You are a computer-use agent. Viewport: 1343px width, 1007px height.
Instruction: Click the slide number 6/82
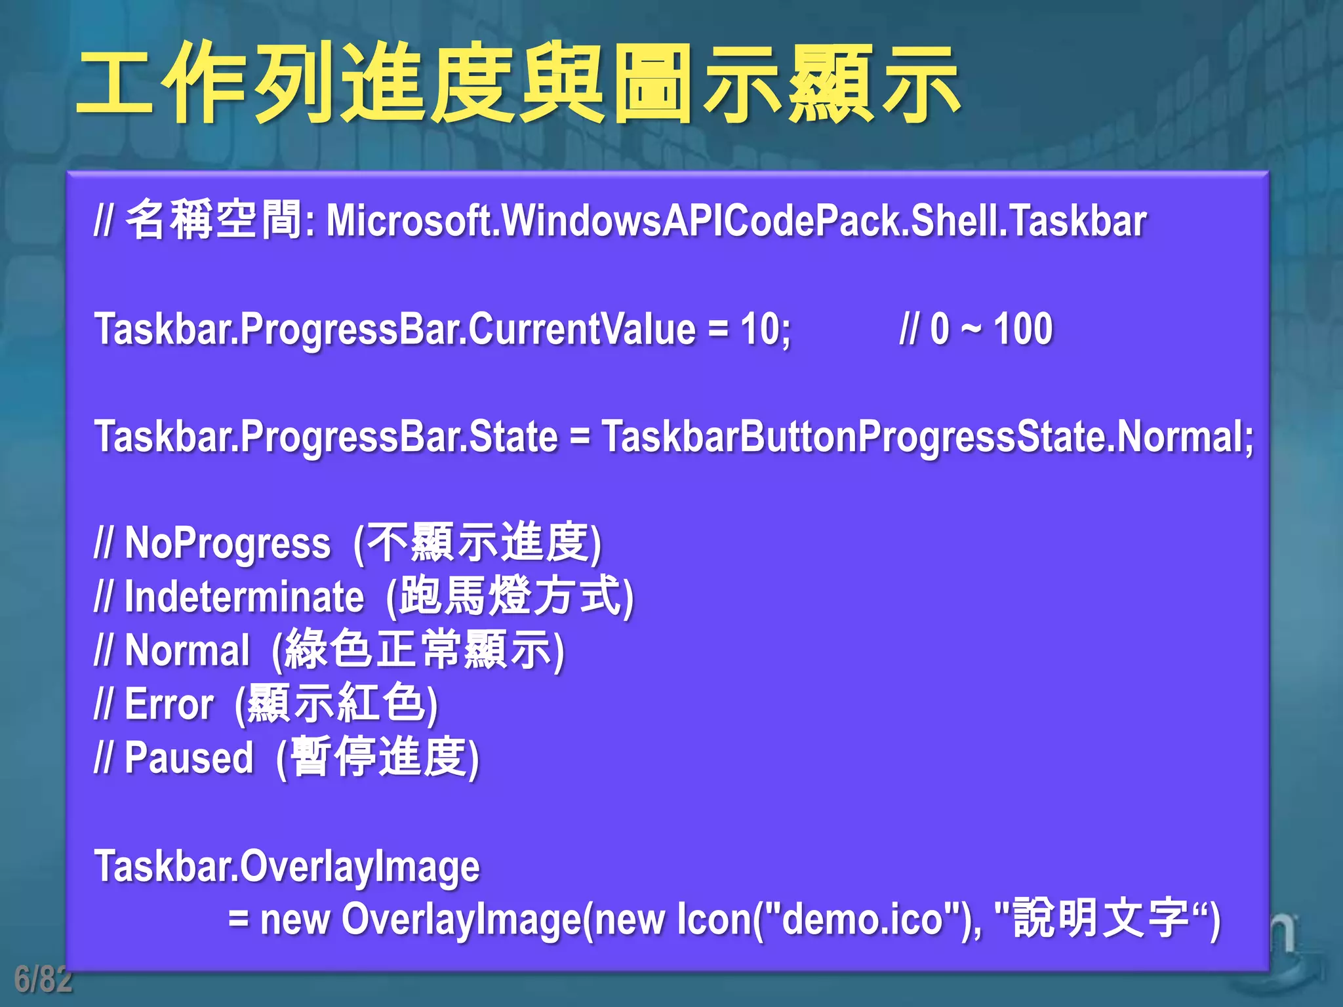click(43, 979)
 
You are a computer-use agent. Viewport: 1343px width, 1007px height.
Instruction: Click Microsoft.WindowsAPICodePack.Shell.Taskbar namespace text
click(736, 220)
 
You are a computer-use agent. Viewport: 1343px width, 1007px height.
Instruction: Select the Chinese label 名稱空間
click(214, 220)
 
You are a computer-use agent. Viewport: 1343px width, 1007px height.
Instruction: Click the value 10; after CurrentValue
click(765, 329)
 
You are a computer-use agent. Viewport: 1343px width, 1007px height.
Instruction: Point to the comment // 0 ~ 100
click(976, 329)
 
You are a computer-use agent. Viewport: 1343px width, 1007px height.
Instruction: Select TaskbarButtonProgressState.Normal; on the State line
click(927, 437)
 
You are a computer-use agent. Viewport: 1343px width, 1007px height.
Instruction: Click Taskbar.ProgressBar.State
click(326, 437)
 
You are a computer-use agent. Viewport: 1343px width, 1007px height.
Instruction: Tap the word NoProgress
click(228, 544)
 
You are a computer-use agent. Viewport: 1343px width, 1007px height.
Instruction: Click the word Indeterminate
click(244, 597)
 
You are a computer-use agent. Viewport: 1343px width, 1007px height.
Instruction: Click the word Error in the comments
click(169, 705)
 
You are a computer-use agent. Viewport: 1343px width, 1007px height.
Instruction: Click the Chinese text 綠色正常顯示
click(417, 650)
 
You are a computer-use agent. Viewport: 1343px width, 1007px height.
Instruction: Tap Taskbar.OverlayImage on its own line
click(287, 867)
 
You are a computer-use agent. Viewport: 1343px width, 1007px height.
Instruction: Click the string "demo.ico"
click(863, 919)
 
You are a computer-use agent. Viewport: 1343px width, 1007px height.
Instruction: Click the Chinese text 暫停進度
click(378, 757)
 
